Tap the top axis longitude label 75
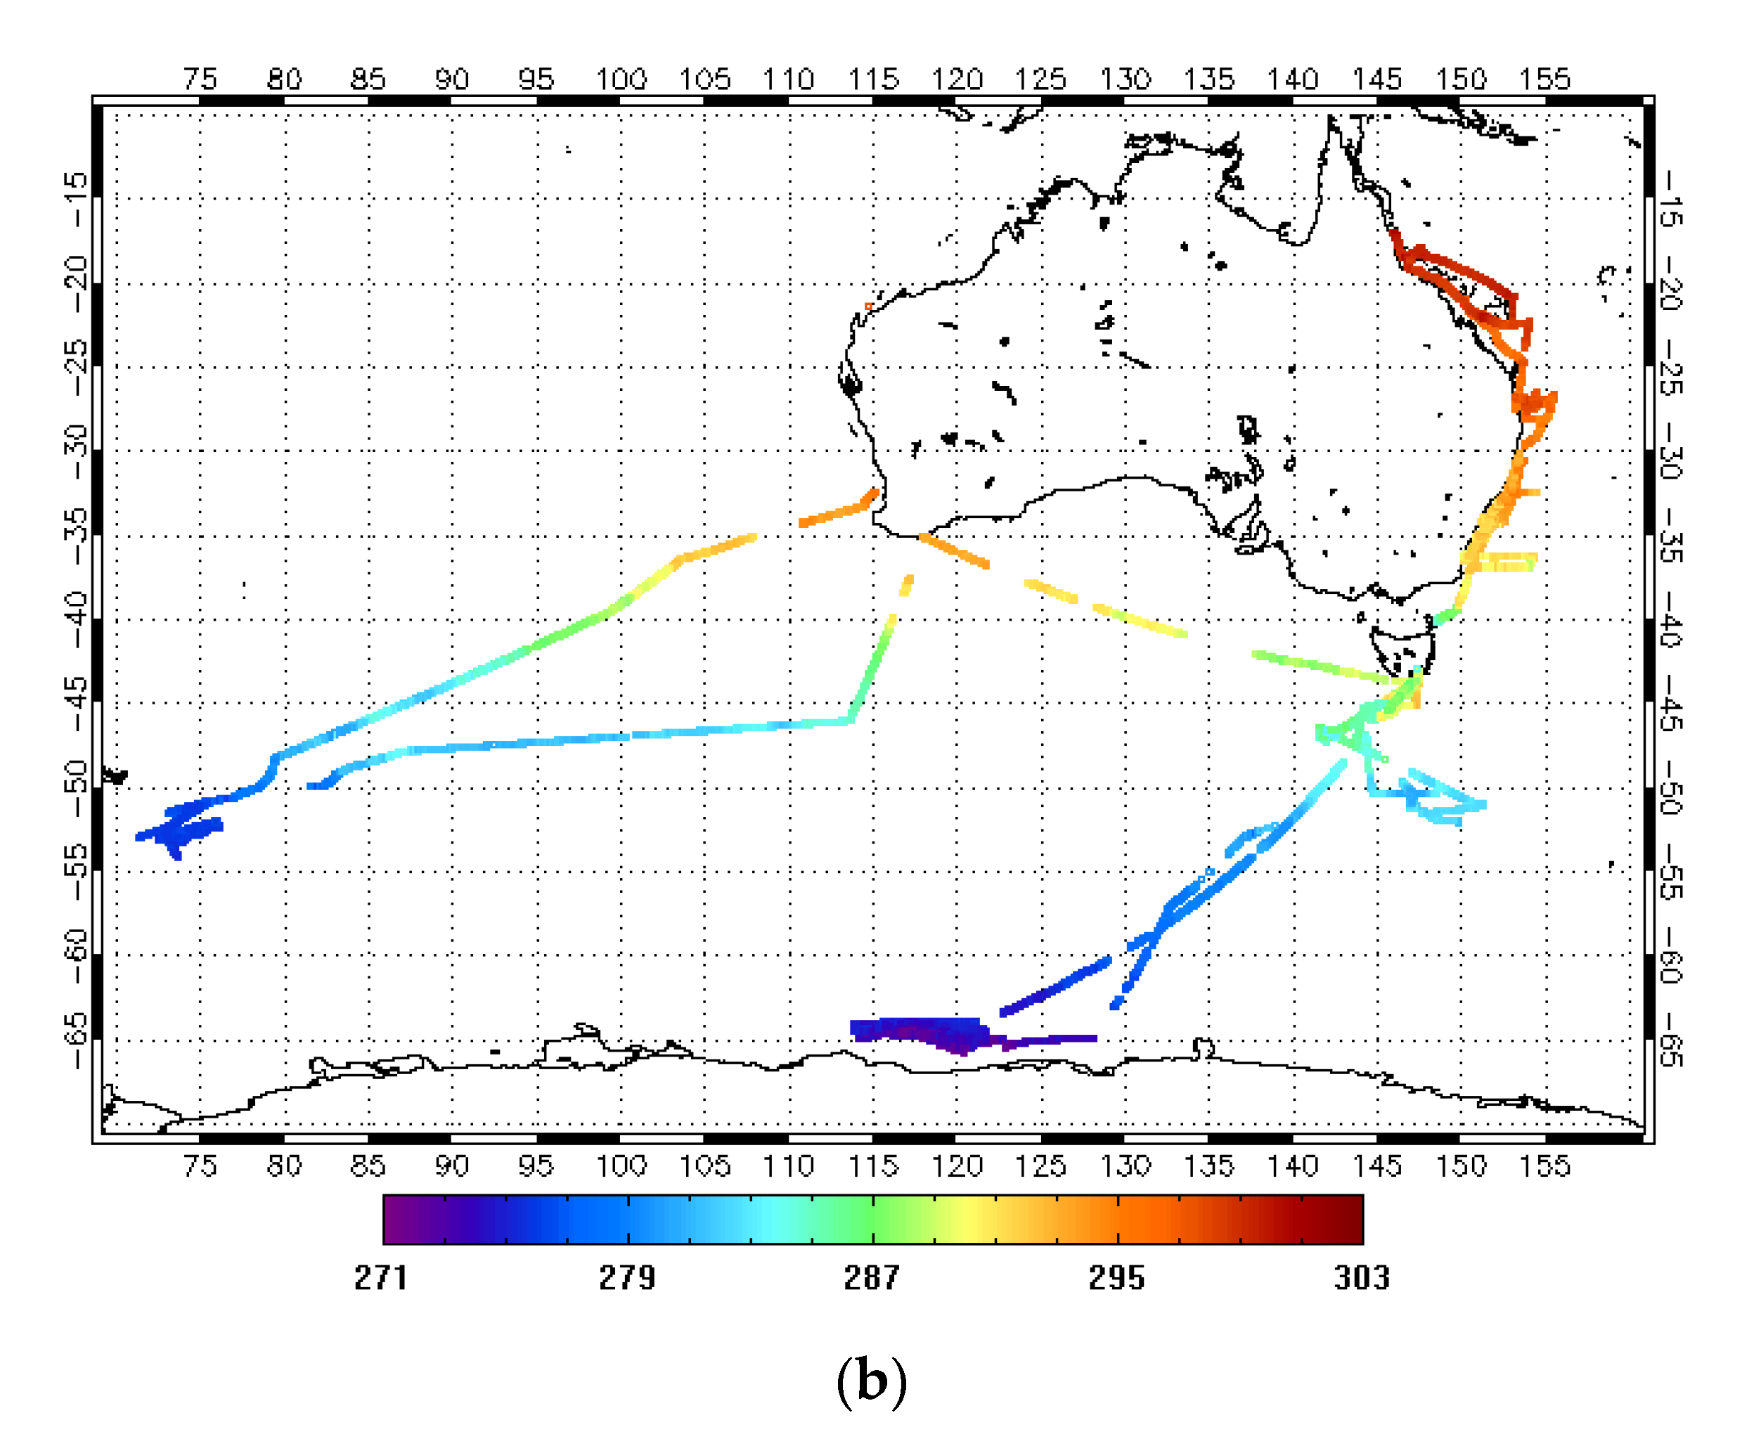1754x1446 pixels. point(200,79)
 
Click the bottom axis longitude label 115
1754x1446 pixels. point(873,1166)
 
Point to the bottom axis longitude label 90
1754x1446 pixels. point(451,1166)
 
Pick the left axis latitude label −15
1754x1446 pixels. point(76,199)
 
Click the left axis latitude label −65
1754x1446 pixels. point(76,1040)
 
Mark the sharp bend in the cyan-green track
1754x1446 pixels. point(849,721)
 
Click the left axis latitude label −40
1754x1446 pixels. point(76,621)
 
